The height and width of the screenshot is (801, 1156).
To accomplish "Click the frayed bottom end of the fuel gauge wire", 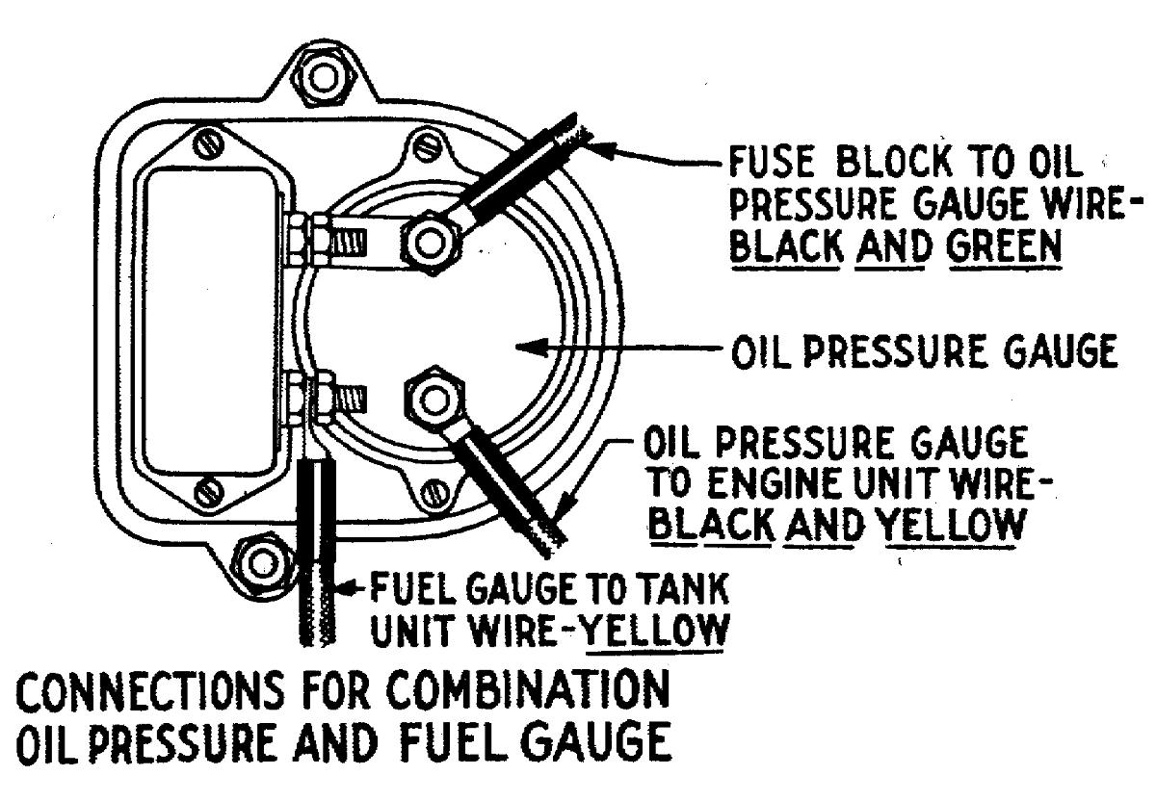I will (316, 635).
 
